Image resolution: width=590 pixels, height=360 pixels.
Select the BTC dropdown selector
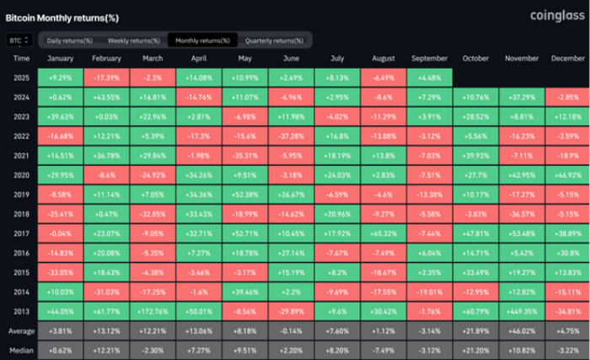tap(19, 40)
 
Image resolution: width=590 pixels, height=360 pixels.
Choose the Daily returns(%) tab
tap(68, 40)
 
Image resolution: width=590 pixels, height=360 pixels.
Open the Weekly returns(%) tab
tap(132, 40)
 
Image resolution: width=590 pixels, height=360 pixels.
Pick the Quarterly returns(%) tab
tap(274, 40)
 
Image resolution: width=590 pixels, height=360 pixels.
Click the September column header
tap(430, 58)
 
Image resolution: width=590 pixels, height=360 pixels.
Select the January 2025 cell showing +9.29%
tap(62, 77)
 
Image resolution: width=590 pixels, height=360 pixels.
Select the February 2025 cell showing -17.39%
tap(107, 77)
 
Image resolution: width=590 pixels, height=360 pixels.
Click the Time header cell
tap(22, 58)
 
